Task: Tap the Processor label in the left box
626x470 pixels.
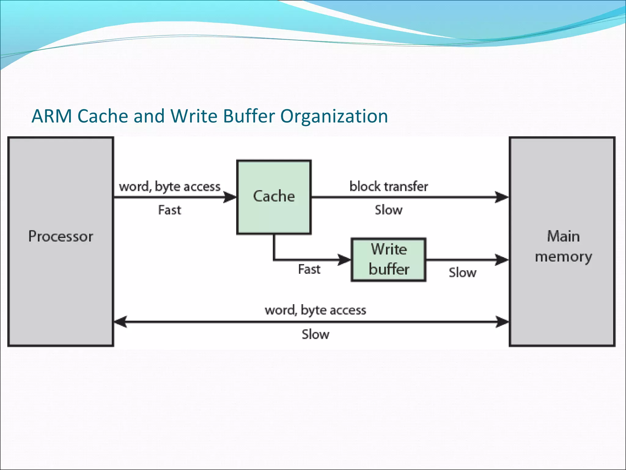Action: pyautogui.click(x=61, y=237)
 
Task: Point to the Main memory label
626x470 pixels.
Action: pyautogui.click(x=563, y=246)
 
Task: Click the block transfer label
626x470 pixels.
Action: pyautogui.click(x=388, y=186)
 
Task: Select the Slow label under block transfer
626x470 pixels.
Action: pyautogui.click(x=388, y=210)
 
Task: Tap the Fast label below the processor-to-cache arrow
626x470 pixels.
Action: pyautogui.click(x=170, y=210)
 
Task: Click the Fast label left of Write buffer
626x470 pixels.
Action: pyautogui.click(x=309, y=269)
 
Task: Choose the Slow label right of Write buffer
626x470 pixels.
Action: pyautogui.click(x=462, y=272)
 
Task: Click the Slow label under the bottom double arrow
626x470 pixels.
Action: pyautogui.click(x=315, y=334)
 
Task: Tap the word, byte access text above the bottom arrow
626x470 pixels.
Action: pyautogui.click(x=315, y=310)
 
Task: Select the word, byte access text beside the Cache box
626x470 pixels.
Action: pyautogui.click(x=170, y=186)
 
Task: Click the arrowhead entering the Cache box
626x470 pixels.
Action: pyautogui.click(x=230, y=197)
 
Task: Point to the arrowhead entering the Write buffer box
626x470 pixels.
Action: pyautogui.click(x=344, y=260)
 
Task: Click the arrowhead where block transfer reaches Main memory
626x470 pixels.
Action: pyautogui.click(x=502, y=197)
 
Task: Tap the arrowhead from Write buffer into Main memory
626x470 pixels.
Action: pyautogui.click(x=502, y=260)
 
